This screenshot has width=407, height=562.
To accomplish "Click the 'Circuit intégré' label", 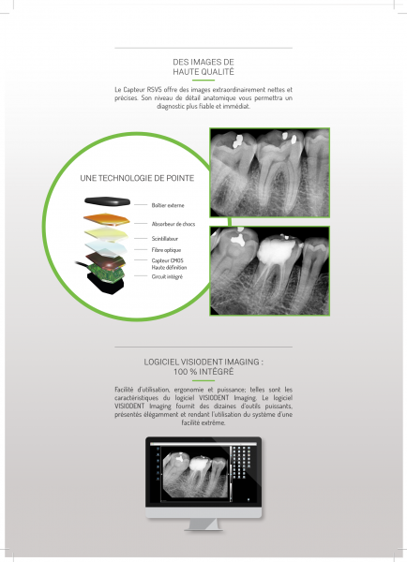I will tap(167, 276).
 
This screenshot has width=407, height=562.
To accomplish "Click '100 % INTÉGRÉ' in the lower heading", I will tap(203, 372).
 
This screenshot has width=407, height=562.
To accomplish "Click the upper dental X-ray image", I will tap(270, 171).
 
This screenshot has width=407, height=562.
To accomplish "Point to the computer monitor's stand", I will tap(203, 517).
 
